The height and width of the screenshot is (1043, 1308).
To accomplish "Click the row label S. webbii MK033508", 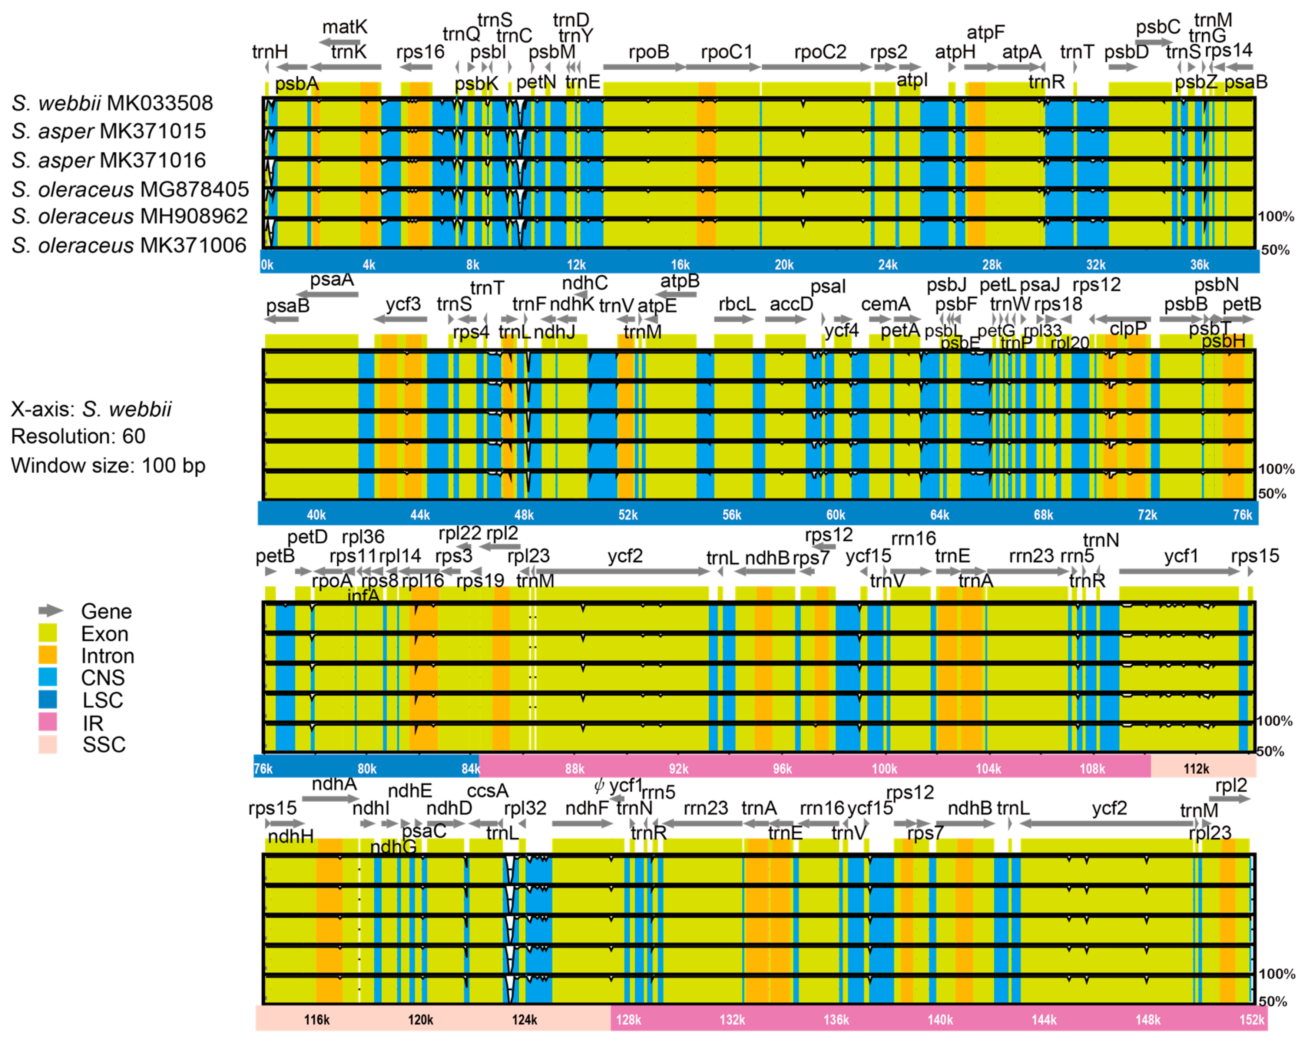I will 112,103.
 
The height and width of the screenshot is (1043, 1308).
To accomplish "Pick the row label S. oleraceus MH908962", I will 130,216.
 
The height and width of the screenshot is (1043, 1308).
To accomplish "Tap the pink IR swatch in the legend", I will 48,722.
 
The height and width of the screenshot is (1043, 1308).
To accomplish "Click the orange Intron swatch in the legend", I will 48,655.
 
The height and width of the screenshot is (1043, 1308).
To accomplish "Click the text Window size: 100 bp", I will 108,466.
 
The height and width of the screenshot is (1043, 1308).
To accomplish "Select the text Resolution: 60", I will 78,436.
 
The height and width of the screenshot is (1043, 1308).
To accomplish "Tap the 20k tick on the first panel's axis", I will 784,265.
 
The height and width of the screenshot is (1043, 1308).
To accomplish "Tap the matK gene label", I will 345,27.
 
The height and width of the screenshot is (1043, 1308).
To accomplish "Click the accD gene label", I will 791,304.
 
